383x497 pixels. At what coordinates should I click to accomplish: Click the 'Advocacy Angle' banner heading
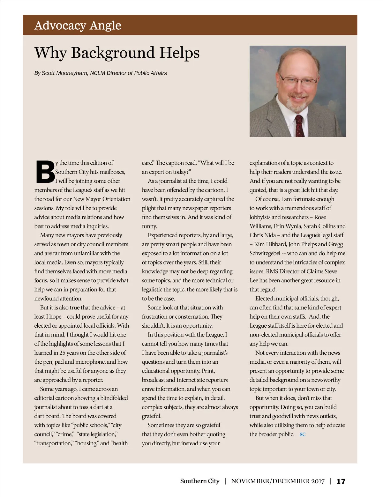78,25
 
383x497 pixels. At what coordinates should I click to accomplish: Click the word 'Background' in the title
113,53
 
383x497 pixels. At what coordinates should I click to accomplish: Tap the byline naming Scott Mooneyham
101,73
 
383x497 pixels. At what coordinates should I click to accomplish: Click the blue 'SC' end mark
303,434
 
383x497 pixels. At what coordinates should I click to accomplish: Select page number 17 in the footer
341,481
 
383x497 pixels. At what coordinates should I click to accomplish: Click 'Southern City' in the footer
200,481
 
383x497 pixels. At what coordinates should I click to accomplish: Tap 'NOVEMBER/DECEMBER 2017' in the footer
278,481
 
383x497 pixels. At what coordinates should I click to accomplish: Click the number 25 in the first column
62,353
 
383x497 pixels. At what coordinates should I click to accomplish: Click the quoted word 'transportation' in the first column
53,443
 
